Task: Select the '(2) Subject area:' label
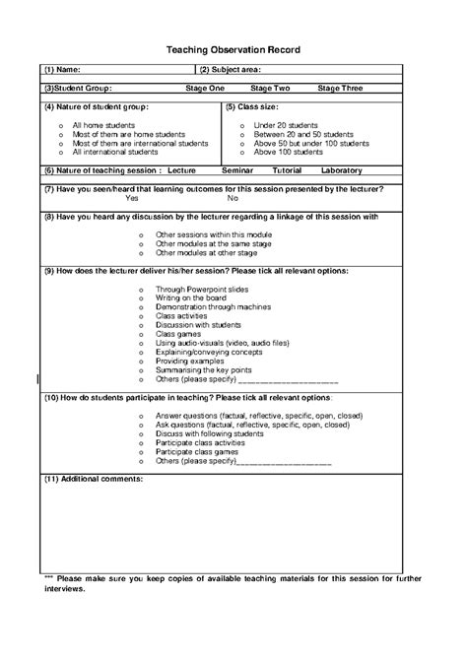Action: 233,70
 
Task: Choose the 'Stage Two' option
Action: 270,89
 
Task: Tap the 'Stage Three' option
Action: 340,89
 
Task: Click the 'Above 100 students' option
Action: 288,153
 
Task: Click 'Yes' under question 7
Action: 131,198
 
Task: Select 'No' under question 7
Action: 233,198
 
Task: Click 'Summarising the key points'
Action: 203,370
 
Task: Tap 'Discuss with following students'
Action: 210,433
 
